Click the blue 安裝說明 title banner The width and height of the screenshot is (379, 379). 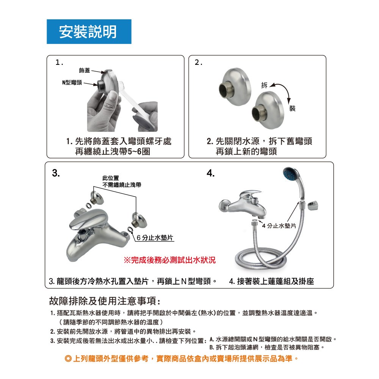89,32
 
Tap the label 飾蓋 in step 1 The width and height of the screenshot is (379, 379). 85,70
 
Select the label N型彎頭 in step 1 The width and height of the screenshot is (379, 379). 72,83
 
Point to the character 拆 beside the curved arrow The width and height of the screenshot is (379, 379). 265,85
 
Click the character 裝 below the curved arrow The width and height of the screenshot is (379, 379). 293,108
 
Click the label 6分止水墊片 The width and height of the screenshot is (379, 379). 155,238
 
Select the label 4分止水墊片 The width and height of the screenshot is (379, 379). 279,226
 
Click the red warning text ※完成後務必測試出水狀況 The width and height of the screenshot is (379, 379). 169,260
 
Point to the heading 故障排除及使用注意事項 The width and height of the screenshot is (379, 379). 105,301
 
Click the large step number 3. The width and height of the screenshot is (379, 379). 56,173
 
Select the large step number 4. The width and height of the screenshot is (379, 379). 210,173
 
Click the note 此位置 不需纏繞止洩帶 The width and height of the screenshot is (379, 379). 122,182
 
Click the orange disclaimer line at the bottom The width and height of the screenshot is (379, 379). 182,359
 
